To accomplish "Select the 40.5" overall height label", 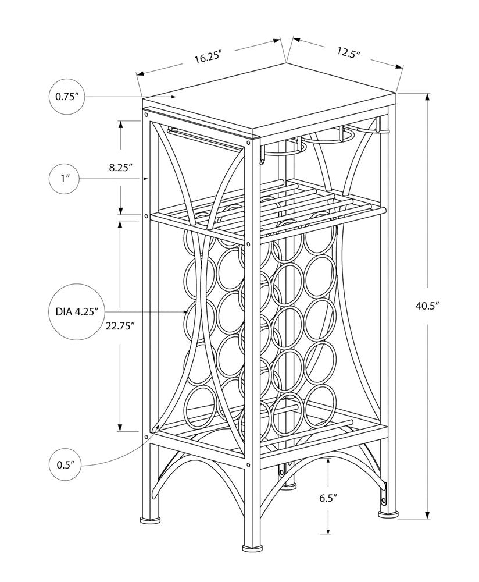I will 427,304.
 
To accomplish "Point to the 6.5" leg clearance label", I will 328,498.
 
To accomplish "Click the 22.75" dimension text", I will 120,326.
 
